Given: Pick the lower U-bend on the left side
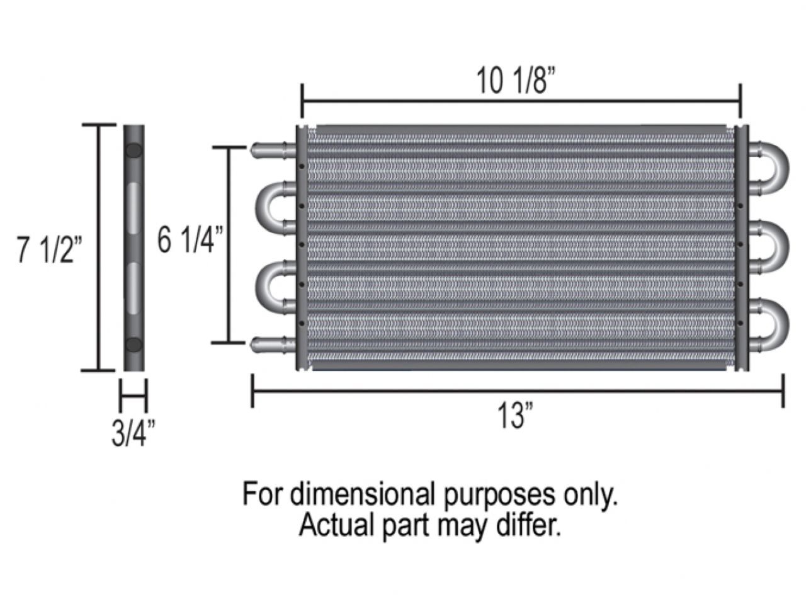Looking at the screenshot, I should [x=268, y=285].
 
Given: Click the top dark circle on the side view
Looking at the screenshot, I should [x=133, y=151].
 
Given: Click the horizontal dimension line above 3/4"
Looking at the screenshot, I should [x=133, y=396].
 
